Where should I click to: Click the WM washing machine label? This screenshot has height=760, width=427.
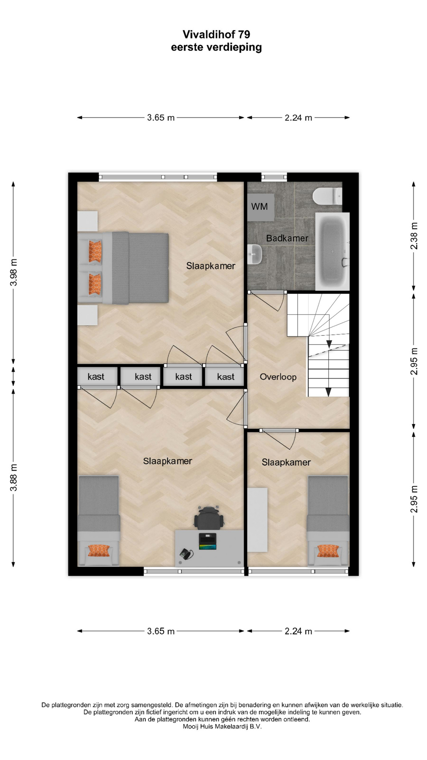(x=259, y=206)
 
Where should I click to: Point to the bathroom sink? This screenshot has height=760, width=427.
(x=255, y=254)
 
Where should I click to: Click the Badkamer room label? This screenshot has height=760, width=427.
(x=287, y=238)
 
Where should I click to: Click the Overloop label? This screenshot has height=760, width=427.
(x=278, y=377)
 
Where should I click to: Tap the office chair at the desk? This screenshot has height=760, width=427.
(x=208, y=517)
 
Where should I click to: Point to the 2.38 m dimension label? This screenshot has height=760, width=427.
(x=414, y=236)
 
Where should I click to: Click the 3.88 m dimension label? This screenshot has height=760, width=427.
(x=14, y=477)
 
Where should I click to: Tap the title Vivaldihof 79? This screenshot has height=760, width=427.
(x=216, y=34)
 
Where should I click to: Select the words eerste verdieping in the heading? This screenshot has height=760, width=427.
(x=216, y=47)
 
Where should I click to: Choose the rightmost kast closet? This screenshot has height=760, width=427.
(x=225, y=377)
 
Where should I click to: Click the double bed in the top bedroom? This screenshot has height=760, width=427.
(x=123, y=268)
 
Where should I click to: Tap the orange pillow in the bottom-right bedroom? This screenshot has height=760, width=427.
(x=328, y=550)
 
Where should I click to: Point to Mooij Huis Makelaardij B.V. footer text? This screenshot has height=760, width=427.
(x=222, y=726)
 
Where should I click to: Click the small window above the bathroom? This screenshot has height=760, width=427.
(x=274, y=177)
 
